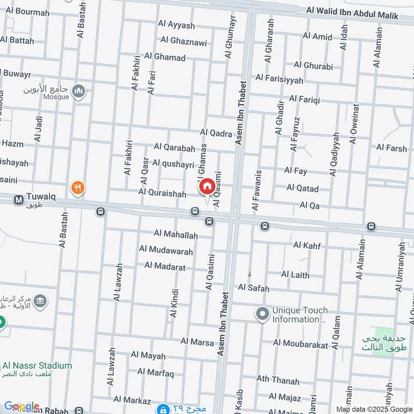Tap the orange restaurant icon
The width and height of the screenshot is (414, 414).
click(x=78, y=187)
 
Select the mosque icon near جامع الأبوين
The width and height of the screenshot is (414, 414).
click(x=79, y=92)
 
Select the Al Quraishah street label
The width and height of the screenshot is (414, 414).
click(x=162, y=193)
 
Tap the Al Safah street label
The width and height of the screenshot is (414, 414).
click(x=254, y=288)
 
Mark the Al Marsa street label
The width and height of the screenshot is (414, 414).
click(x=197, y=342)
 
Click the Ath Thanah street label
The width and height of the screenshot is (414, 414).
click(x=278, y=380)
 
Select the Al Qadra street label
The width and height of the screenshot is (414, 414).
click(x=216, y=134)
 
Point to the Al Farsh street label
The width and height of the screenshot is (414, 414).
click(x=392, y=148)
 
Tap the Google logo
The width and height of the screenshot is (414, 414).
click(x=21, y=406)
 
